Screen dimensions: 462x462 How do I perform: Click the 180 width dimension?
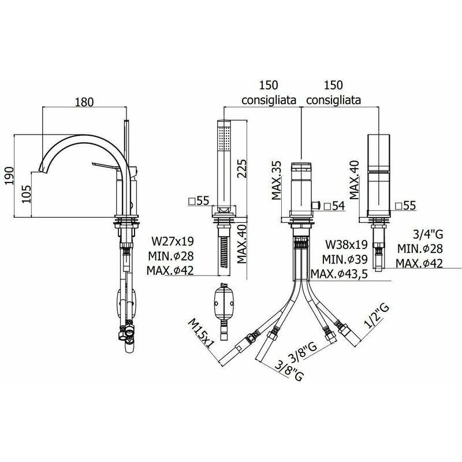[x=84, y=102]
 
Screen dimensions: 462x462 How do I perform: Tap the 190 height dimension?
[x=9, y=176]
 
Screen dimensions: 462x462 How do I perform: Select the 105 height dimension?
[x=27, y=194]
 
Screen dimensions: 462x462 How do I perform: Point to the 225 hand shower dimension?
[x=241, y=168]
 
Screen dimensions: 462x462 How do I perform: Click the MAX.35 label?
[x=276, y=180]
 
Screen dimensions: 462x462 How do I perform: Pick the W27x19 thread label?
[x=173, y=241]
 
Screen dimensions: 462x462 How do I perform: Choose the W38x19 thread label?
[x=346, y=244]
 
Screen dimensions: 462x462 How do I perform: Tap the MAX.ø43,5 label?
[x=339, y=274]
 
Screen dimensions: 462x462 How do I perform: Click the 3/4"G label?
[x=428, y=234]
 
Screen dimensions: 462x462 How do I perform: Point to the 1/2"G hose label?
[x=377, y=316]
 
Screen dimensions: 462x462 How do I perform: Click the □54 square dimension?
[x=334, y=206]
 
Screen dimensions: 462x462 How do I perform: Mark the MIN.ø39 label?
[x=345, y=259]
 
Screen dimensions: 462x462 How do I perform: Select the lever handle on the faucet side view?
[x=106, y=166]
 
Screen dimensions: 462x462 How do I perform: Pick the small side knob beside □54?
[x=316, y=205]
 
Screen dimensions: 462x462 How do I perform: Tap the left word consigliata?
[x=269, y=100]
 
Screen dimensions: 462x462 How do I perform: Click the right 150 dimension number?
[x=334, y=85]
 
